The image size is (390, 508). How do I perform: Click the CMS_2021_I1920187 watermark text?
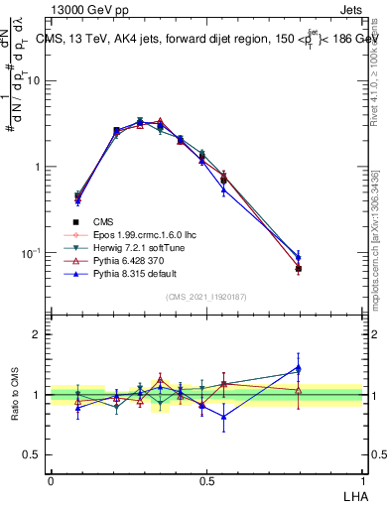[206, 297]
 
